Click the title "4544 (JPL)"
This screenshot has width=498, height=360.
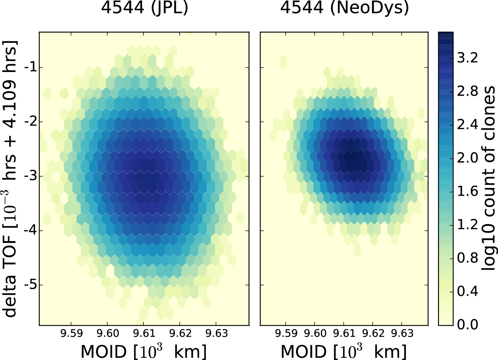pos(145,8)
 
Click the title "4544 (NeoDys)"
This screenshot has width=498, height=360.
pos(345,8)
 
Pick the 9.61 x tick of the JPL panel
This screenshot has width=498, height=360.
pos(144,333)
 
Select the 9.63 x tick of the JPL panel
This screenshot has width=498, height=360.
pos(217,333)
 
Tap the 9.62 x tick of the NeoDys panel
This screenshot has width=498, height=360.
pos(373,333)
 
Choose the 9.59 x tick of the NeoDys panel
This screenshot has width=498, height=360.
pos(286,333)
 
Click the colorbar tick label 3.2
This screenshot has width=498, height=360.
pos(467,58)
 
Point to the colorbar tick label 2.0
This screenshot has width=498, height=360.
pos(467,158)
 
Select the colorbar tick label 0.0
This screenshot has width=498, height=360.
pos(467,325)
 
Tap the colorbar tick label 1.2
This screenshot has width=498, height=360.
pos(467,224)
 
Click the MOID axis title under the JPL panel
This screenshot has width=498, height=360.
pos(143,351)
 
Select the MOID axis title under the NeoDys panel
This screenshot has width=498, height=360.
pos(344,351)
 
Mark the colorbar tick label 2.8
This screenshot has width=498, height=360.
pos(467,91)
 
